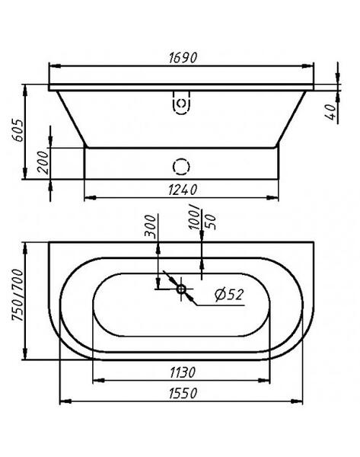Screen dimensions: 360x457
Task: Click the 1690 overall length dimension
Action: point(183,58)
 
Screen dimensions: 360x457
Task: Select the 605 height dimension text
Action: point(18,130)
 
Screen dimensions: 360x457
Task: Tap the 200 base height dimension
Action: point(43,162)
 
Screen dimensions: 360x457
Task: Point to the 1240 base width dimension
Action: point(183,190)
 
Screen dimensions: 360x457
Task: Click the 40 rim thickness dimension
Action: point(331,112)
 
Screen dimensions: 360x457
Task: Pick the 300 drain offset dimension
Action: point(151,226)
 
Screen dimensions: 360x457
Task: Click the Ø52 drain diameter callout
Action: point(229,294)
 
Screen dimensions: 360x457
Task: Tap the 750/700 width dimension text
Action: point(18,295)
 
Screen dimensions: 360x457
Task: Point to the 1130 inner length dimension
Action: point(183,372)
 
